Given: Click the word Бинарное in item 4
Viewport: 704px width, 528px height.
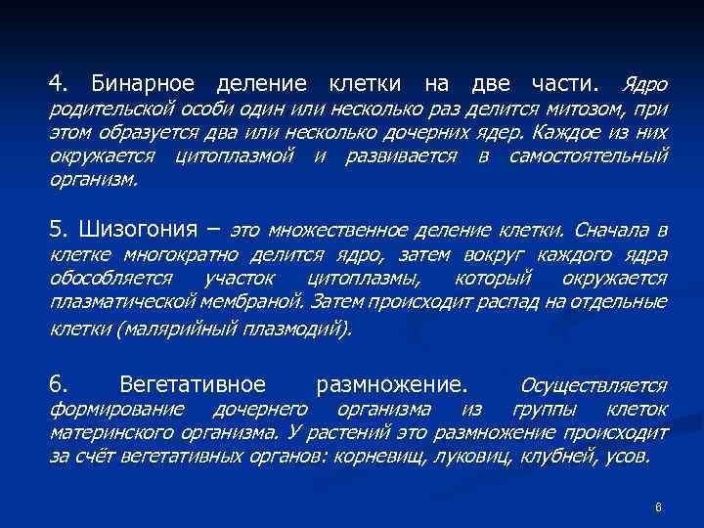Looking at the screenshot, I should [142, 80].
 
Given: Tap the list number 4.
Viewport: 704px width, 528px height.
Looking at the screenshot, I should [58, 80].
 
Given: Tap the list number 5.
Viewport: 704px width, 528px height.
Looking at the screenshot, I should [58, 230].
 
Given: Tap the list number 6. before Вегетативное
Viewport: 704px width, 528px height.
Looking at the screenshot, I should [58, 383].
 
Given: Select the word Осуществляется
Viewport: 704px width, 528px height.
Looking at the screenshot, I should [594, 384].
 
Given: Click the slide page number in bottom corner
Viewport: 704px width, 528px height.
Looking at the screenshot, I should [659, 507].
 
